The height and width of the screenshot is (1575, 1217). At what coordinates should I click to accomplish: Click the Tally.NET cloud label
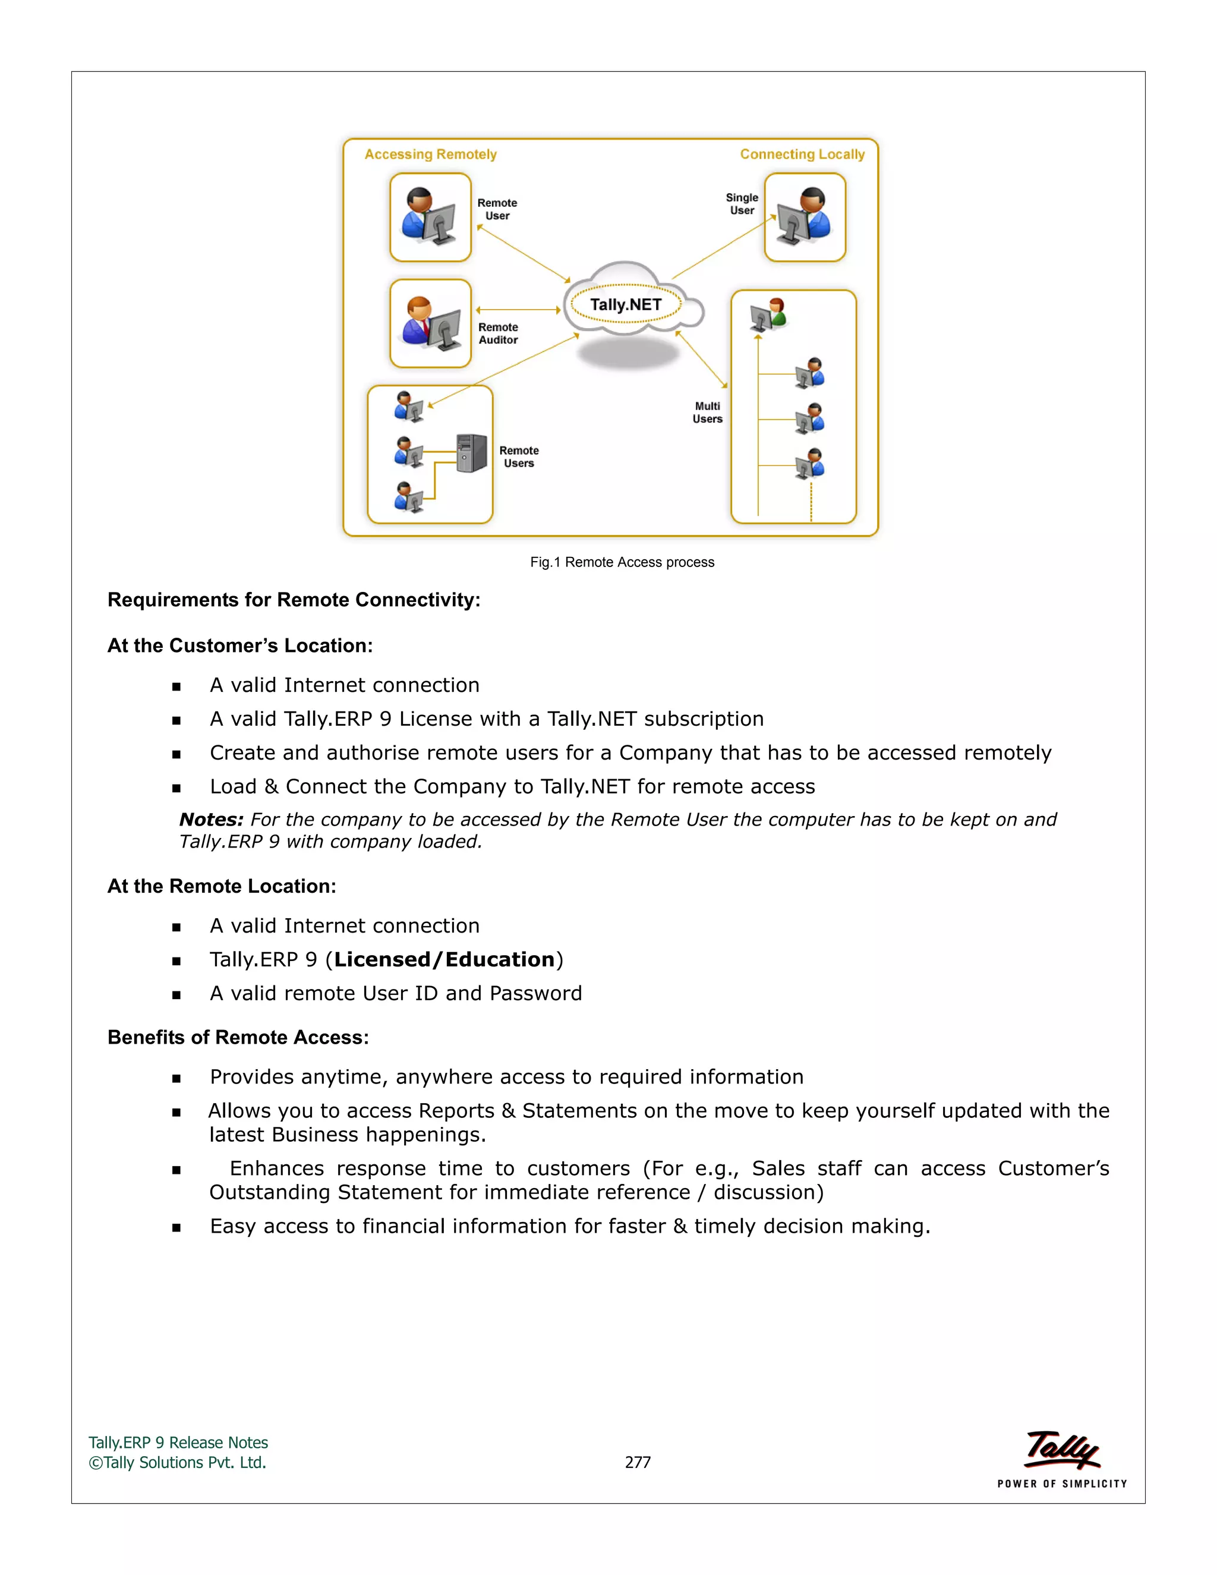625,304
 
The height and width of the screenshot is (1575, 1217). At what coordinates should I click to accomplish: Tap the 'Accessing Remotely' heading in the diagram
430,155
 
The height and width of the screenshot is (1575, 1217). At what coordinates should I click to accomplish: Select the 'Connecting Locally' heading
802,155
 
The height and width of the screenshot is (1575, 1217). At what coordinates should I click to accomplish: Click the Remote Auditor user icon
430,323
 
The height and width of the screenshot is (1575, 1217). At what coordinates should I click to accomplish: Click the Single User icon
805,216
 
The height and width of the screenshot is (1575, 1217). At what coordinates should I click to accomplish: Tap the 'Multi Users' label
707,412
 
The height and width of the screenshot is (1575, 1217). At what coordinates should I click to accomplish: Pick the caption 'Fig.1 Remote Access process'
622,562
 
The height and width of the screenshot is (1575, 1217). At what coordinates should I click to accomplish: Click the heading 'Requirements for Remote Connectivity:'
294,600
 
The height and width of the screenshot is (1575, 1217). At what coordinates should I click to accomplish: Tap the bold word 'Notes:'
211,820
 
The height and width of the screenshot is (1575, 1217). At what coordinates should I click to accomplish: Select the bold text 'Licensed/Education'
444,960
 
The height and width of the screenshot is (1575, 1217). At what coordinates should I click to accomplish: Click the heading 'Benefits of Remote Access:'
238,1038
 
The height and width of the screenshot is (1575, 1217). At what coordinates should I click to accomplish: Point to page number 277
638,1463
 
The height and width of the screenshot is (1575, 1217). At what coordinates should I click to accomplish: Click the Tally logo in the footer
1062,1451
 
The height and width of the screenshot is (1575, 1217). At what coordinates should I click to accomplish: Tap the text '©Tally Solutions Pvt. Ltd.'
177,1463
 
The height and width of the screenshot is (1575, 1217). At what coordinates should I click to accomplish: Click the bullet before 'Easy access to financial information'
176,1228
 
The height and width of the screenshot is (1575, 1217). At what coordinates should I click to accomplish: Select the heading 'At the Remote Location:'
221,886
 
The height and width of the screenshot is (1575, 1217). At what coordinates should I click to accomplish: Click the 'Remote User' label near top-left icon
497,209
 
